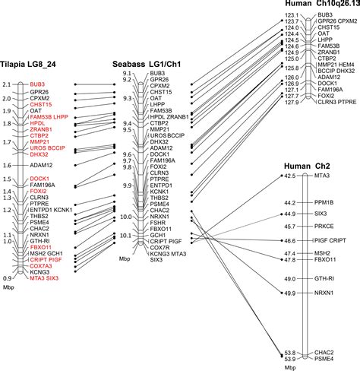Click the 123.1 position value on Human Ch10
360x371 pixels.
pos(290,14)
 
